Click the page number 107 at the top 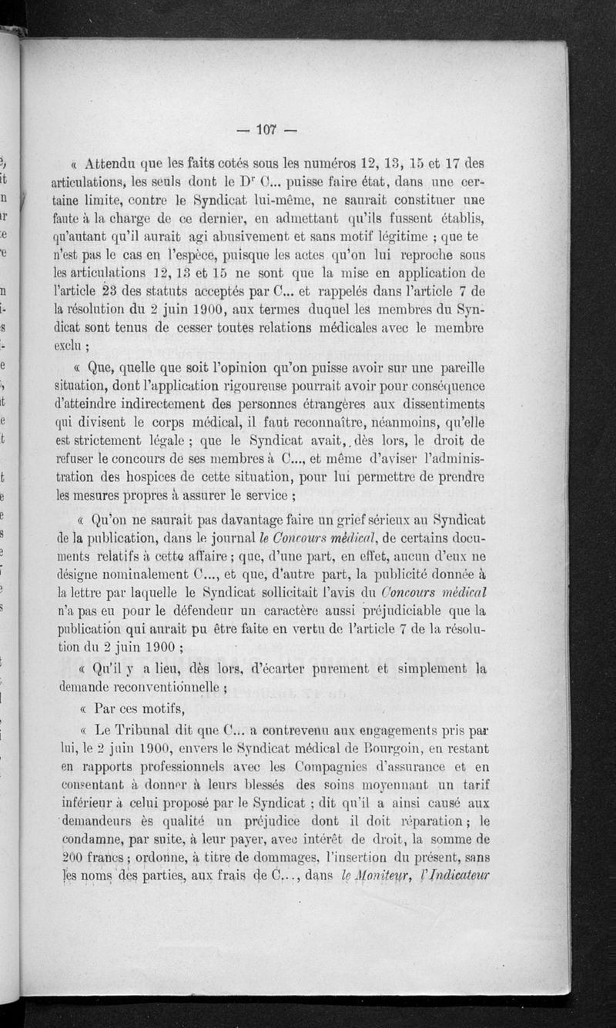[x=267, y=129]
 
